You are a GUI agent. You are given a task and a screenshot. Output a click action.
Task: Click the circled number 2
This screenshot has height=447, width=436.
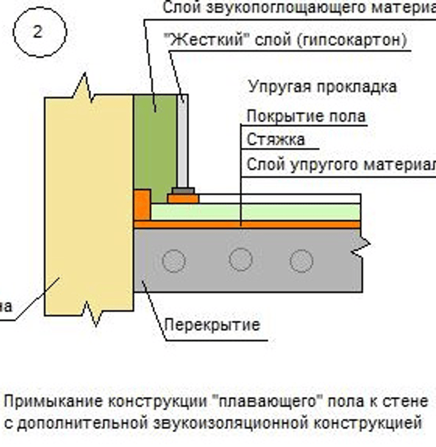[x=38, y=32]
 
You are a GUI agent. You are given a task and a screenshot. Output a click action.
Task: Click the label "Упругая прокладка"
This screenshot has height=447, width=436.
[x=322, y=87]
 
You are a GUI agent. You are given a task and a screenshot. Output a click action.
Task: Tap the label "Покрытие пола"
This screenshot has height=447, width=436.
[x=305, y=116]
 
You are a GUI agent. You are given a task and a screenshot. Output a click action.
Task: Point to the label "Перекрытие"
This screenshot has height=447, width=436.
[x=212, y=326]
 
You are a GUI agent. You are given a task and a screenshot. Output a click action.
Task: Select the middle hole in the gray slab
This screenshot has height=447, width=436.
[x=240, y=259]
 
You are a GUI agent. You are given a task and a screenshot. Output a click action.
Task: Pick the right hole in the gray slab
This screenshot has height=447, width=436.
[x=301, y=260]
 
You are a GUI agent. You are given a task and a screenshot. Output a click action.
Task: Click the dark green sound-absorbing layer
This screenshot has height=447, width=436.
[x=155, y=142]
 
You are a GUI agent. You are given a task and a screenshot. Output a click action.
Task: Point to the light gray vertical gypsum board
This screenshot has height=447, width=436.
[x=183, y=142]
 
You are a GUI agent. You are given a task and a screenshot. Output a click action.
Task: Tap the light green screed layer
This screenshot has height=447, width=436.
[x=256, y=212]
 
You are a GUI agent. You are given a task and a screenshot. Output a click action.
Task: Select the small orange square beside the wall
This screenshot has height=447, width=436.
[x=142, y=203]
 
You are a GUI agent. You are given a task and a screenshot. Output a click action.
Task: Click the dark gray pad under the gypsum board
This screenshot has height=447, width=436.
[x=183, y=191]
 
